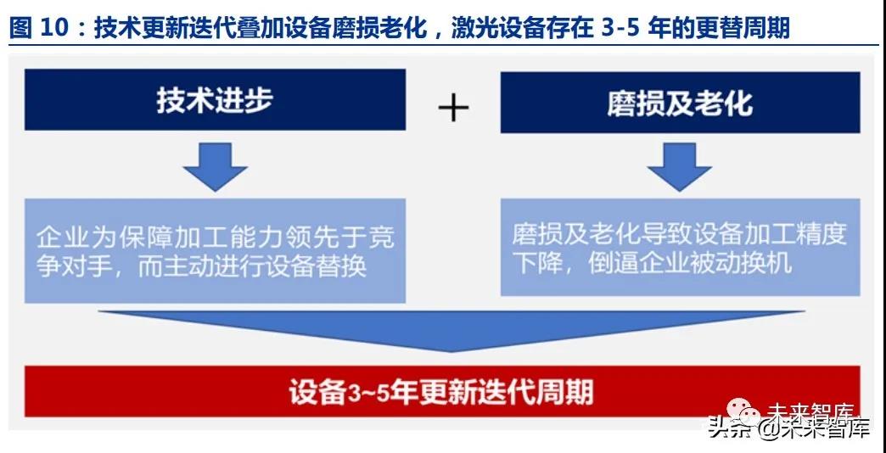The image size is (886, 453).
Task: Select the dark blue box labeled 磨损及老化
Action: pos(680,103)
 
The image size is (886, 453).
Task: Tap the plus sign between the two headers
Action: pos(453,107)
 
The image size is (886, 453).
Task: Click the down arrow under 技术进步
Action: pos(215,167)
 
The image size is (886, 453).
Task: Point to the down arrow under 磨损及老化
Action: pos(679,167)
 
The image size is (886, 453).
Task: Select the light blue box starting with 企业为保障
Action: pos(215,250)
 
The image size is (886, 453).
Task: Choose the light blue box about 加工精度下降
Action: pos(680,247)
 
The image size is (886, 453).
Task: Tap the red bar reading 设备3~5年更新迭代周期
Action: pos(442,391)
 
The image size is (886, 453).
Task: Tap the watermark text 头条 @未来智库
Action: pos(789,428)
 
